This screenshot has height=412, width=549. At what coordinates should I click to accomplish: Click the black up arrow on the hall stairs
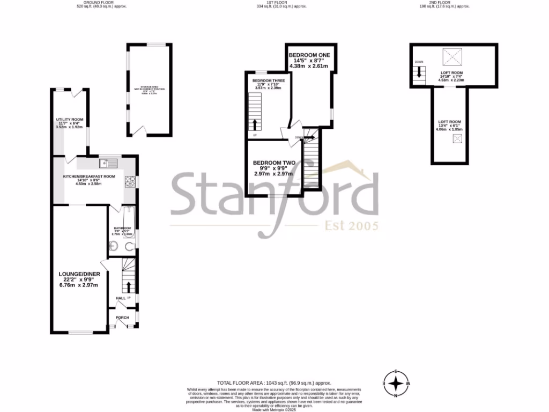pyautogui.click(x=128, y=286)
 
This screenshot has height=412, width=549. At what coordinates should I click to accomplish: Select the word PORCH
pyautogui.click(x=122, y=317)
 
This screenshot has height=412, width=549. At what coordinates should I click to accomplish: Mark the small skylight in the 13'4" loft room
pyautogui.click(x=457, y=139)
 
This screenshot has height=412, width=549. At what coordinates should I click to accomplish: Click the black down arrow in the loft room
pyautogui.click(x=420, y=72)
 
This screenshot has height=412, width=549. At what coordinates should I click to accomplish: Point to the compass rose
pyautogui.click(x=396, y=384)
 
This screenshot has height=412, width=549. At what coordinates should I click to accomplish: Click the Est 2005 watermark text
pyautogui.click(x=352, y=225)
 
